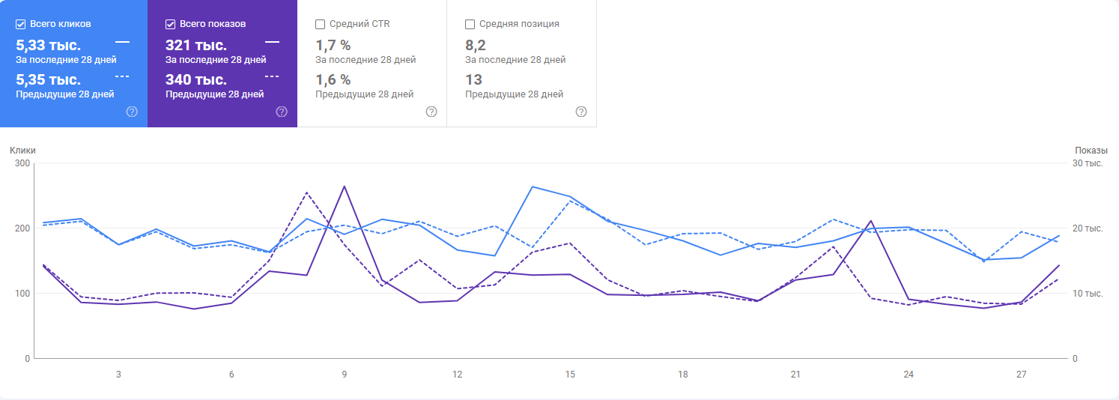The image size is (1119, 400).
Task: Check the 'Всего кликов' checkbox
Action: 21,24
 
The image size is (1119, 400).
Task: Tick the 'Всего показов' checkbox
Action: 171,24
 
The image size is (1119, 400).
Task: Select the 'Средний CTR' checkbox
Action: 321,24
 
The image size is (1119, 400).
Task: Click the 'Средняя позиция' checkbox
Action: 470,24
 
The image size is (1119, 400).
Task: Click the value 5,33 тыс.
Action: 48,45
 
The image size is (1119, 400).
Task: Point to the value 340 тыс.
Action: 195,79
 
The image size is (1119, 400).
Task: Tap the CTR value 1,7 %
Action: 333,45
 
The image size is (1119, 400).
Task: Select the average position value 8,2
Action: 475,45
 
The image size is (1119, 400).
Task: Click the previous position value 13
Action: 473,79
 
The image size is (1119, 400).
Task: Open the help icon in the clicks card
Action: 132,112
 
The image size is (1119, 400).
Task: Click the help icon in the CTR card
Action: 431,112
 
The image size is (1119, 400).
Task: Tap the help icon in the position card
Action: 581,112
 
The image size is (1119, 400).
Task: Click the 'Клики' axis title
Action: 22,151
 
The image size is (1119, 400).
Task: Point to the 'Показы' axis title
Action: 1091,151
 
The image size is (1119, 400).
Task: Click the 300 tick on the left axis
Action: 22,163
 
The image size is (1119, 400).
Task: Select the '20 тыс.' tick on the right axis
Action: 1088,228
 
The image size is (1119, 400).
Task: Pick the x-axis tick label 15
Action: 570,374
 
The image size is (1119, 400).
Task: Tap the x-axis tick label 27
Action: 1021,374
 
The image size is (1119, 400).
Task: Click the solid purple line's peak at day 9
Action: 344,186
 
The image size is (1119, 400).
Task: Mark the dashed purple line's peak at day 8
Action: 306,193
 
